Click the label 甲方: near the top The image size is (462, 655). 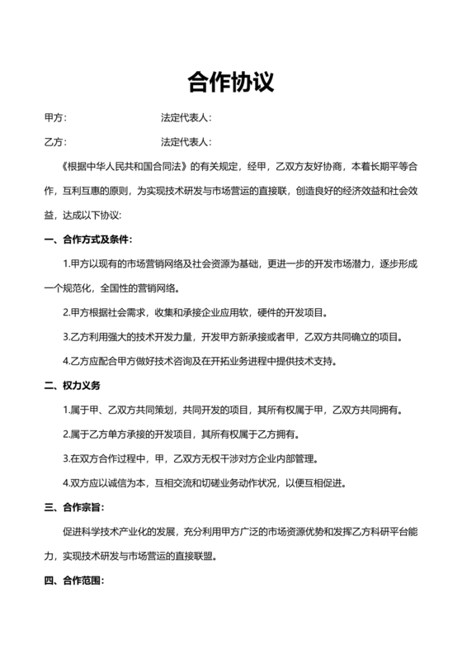55,119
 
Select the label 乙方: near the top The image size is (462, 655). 55,142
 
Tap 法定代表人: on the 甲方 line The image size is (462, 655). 186,119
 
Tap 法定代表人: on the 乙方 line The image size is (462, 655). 186,142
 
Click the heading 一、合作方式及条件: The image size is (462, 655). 87,240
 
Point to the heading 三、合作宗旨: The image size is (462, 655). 73,507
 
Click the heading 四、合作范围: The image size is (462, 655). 73,581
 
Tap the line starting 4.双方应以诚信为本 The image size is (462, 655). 205,482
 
